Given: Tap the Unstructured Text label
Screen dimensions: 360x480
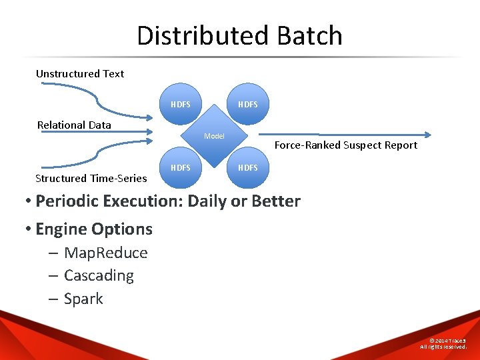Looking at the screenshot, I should tap(80, 73).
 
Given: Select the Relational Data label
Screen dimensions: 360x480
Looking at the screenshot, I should tap(74, 125).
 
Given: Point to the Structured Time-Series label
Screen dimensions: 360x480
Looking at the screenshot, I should tap(91, 178).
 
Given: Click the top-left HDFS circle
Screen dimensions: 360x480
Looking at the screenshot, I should tap(181, 105).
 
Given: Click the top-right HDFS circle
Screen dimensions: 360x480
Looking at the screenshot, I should tap(247, 105).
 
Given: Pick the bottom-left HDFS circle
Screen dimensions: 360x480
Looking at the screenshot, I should tap(181, 167).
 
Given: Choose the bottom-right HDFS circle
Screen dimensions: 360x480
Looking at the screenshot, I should tap(247, 167).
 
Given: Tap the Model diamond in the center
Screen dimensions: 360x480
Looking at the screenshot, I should tap(214, 136).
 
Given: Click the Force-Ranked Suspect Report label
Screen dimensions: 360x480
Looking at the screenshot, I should tap(346, 145).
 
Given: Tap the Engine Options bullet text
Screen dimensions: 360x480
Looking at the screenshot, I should tap(94, 229).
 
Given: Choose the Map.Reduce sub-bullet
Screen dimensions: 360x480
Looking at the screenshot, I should tap(106, 253).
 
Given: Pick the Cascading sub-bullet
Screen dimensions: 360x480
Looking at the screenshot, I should tap(99, 275).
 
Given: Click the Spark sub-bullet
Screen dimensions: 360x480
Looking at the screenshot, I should tap(83, 299).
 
